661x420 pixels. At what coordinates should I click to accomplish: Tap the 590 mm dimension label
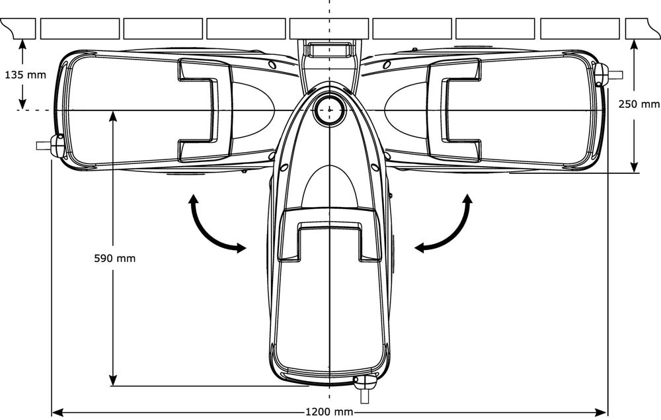[115, 258]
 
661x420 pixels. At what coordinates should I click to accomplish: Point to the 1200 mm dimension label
[329, 411]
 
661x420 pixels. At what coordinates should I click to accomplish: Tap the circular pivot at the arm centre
[328, 110]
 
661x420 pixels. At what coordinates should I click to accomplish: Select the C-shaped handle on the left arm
[198, 109]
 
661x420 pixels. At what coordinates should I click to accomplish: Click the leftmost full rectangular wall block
[80, 28]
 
